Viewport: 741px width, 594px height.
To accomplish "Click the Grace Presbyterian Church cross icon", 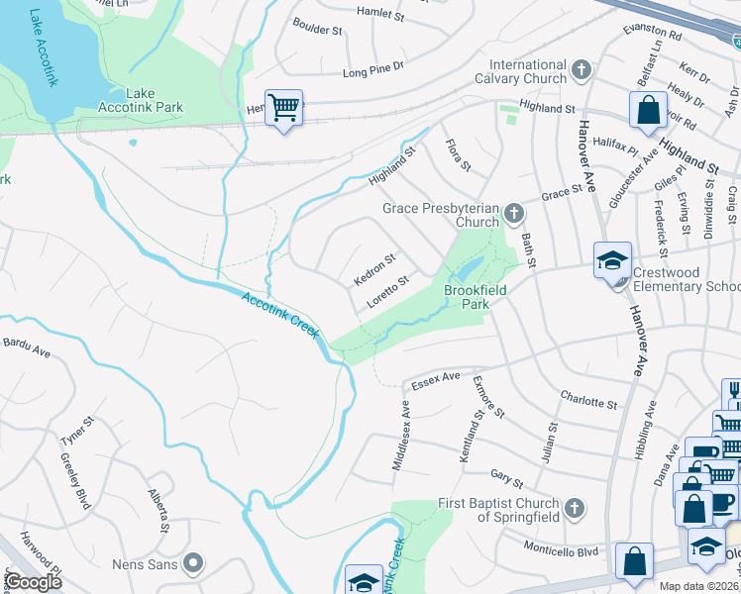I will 513,213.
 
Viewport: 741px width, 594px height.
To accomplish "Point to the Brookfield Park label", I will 475,297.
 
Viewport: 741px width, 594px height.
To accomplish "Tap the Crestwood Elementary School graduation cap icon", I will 612,262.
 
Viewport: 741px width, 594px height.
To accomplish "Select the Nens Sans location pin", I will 193,564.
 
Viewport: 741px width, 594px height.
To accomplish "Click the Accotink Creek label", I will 279,313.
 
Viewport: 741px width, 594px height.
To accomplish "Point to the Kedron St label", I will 374,268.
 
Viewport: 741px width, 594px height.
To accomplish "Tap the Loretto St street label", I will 387,293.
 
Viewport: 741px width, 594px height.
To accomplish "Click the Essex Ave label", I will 437,378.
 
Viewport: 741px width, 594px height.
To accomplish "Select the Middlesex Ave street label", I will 400,435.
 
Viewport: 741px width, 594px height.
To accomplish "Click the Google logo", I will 32,582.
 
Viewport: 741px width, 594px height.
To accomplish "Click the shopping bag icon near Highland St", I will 648,112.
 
